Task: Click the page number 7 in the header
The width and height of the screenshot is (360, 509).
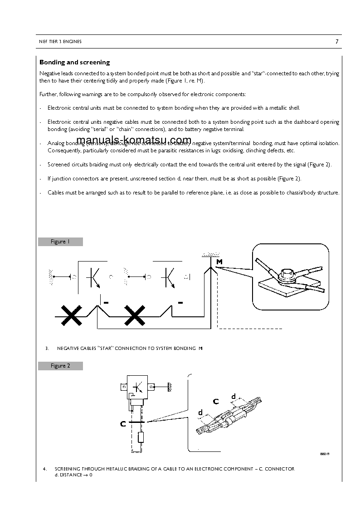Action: [x=337, y=42]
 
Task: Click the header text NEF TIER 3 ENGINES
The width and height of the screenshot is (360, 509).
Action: [x=60, y=42]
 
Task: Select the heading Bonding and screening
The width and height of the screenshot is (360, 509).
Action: [x=74, y=62]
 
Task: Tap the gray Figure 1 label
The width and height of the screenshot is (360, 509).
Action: [x=60, y=242]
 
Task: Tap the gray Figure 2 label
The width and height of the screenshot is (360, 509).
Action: [x=60, y=366]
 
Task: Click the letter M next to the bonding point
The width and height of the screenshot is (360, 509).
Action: [x=219, y=262]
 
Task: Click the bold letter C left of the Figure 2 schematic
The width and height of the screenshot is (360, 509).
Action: [x=123, y=424]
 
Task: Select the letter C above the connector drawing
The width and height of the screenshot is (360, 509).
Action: [x=215, y=401]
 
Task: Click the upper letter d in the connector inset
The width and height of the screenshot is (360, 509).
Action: [x=234, y=397]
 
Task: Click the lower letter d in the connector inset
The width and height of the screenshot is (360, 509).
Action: [x=200, y=412]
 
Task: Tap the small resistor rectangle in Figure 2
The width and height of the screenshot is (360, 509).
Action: [x=140, y=437]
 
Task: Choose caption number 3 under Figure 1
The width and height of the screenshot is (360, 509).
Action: [x=47, y=348]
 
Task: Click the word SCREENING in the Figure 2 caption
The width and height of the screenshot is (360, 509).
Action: [x=69, y=469]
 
